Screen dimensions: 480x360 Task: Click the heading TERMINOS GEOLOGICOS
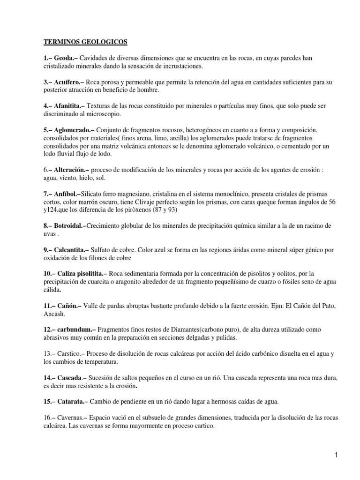(x=85, y=42)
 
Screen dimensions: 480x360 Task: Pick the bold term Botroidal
(x=70, y=226)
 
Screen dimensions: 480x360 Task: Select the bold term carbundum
(x=75, y=330)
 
